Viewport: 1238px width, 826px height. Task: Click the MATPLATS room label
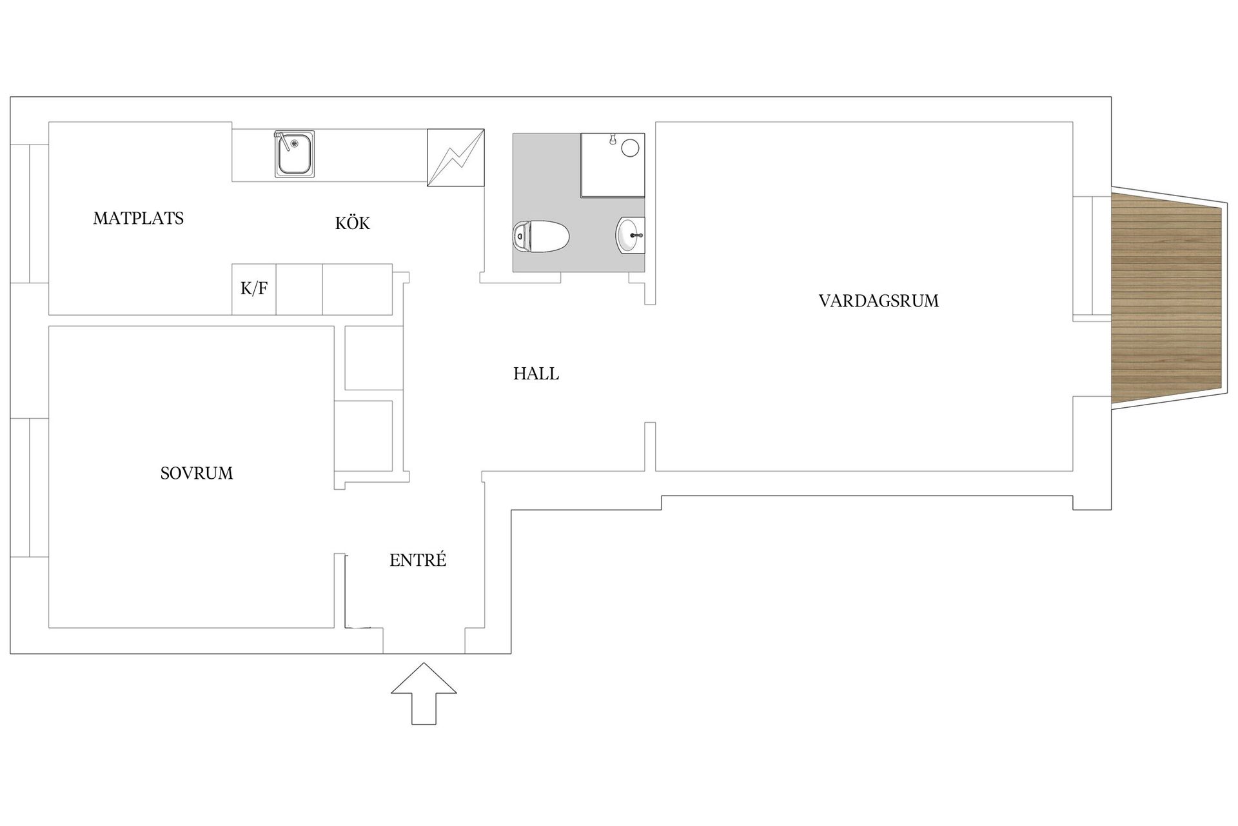(x=138, y=219)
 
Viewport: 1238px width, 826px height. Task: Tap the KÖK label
(x=352, y=223)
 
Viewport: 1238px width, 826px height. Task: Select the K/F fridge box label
(x=253, y=289)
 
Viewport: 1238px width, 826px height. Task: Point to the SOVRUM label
(x=196, y=474)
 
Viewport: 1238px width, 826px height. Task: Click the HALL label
(x=536, y=374)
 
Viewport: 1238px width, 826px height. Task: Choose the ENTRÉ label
(x=417, y=560)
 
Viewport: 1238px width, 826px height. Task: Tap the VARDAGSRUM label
(x=878, y=301)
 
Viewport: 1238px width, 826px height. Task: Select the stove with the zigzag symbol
(x=455, y=158)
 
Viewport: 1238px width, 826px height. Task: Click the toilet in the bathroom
(x=542, y=237)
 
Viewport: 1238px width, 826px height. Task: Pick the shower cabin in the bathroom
(x=612, y=165)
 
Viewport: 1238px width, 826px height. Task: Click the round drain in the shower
(x=630, y=148)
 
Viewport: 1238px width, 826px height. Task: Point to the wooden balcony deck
(x=1167, y=300)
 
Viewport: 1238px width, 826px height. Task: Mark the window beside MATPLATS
(x=29, y=214)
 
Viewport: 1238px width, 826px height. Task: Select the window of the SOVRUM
(x=29, y=487)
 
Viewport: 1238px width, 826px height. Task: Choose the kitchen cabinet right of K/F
(x=299, y=289)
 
